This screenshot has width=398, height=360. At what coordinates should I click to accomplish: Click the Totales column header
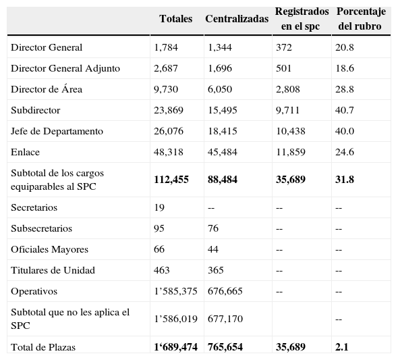pos(175,19)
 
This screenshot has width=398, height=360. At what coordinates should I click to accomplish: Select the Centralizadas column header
pos(236,19)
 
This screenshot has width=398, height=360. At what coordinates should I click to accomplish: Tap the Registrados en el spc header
pos(302,20)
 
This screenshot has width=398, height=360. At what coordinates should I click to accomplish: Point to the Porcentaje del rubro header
pos(360,20)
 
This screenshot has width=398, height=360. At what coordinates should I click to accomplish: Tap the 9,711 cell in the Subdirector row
pos(288,111)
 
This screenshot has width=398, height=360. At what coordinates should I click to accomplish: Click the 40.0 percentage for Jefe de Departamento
pos(345,132)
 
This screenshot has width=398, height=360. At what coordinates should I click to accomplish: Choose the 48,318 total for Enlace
pos(168,153)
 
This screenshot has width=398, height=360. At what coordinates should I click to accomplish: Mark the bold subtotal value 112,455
pos(171,180)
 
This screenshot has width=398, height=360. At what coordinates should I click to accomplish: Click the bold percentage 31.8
pos(345,180)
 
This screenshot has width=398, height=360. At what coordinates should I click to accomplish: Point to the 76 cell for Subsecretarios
pos(214,229)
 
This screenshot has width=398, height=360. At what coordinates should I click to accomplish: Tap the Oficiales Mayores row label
pos(49,250)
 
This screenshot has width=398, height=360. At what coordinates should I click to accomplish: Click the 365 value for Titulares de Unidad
pos(217,271)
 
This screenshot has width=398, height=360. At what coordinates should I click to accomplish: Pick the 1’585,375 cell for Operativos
pos(175,292)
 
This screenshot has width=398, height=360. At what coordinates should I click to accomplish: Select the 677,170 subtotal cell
pos(225,318)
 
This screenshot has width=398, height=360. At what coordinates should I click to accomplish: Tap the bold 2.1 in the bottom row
pos(342,347)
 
